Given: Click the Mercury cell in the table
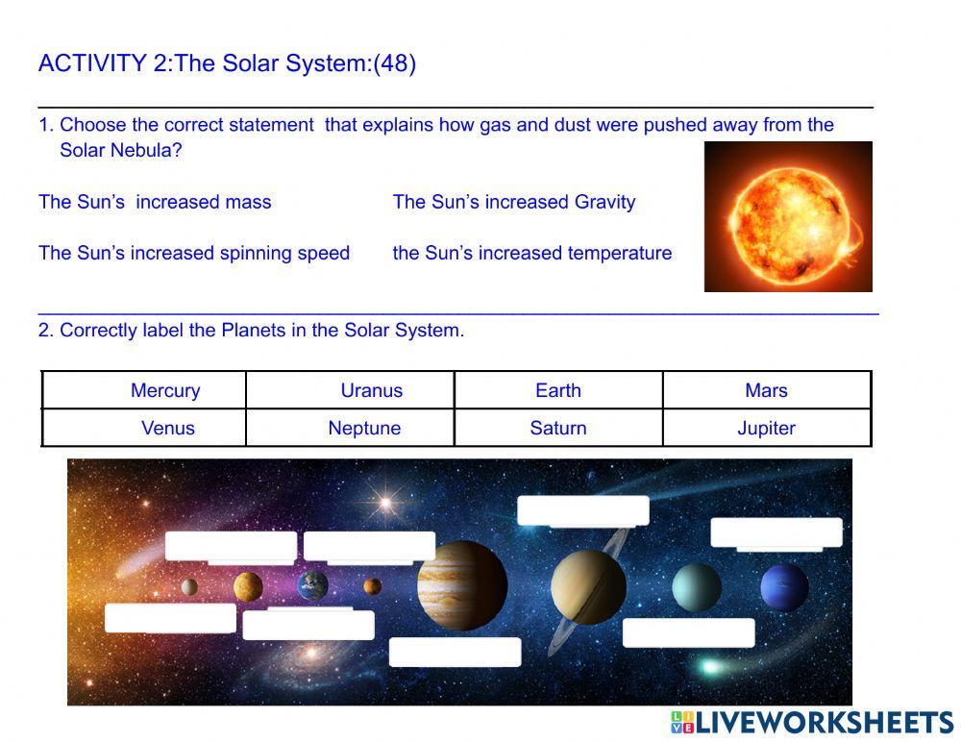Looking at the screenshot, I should pyautogui.click(x=165, y=390).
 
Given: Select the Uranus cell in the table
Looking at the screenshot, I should pyautogui.click(x=371, y=390).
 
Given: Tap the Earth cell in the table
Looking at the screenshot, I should pyautogui.click(x=558, y=390).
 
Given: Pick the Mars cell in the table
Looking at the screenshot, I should pyautogui.click(x=766, y=390).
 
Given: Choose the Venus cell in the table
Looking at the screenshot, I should pyautogui.click(x=168, y=429).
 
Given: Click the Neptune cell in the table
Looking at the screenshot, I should pyautogui.click(x=364, y=429).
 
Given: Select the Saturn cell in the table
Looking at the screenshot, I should pyautogui.click(x=558, y=429).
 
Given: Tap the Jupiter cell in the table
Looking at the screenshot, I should pyautogui.click(x=766, y=429).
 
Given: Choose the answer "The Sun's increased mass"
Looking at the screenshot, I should pyautogui.click(x=155, y=202).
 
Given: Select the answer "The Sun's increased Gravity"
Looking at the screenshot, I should pyautogui.click(x=514, y=202).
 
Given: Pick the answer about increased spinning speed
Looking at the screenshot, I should pyautogui.click(x=194, y=253).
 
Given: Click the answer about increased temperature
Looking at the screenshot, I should pyautogui.click(x=532, y=253).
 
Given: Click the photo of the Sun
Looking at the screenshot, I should pyautogui.click(x=788, y=216).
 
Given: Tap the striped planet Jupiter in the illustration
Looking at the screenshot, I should pyautogui.click(x=462, y=584).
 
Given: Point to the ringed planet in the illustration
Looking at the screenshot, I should pyautogui.click(x=588, y=586).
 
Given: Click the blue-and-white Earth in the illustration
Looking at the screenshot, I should pyautogui.click(x=312, y=584).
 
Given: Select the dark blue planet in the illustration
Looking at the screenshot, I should pyautogui.click(x=784, y=587).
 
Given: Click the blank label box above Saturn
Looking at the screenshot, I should pyautogui.click(x=583, y=510).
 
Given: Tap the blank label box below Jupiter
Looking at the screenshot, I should pyautogui.click(x=455, y=652).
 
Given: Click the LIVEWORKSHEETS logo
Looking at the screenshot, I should pyautogui.click(x=812, y=723).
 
